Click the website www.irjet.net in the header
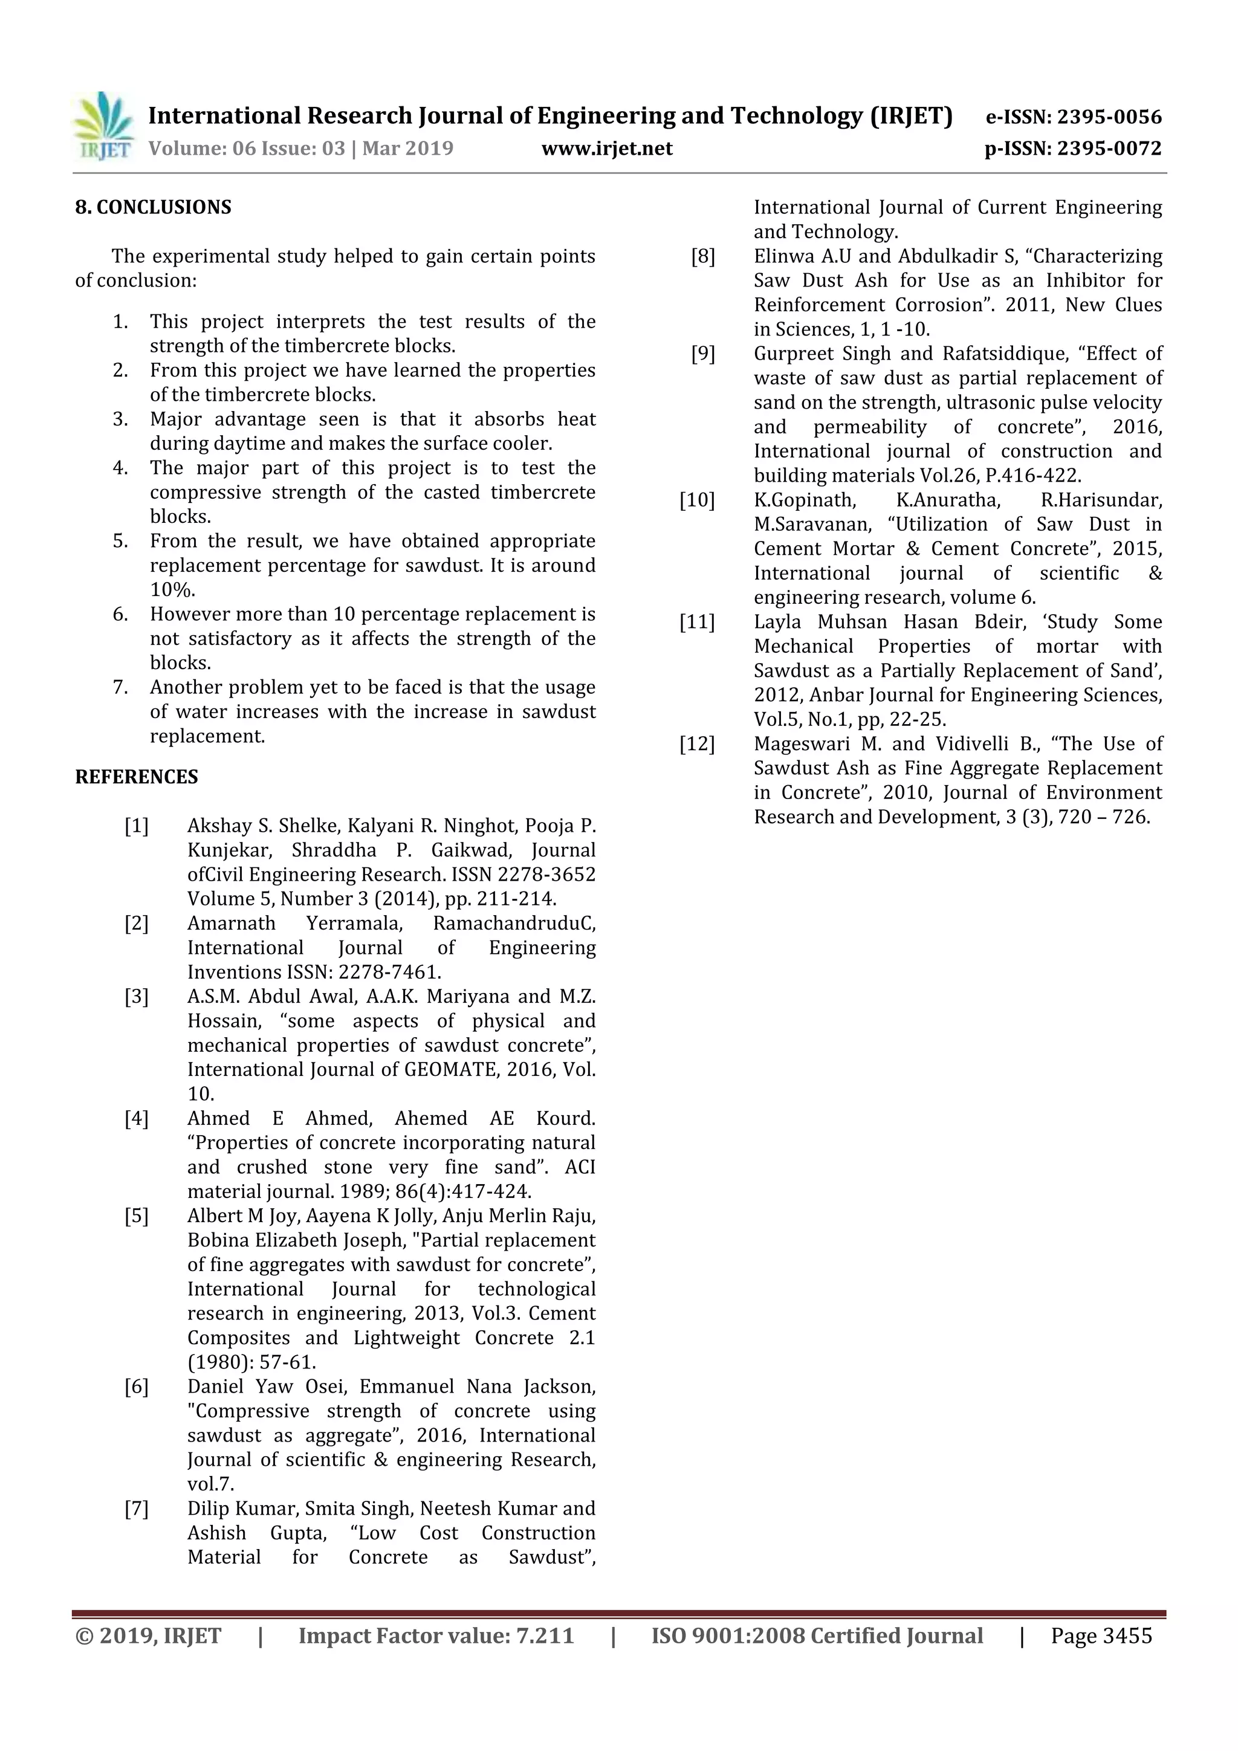point(606,148)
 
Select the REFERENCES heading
point(137,777)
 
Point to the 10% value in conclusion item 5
point(172,589)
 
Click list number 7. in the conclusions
point(120,687)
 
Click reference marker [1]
point(137,826)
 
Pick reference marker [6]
point(137,1387)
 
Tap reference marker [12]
point(697,743)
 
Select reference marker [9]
point(702,354)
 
